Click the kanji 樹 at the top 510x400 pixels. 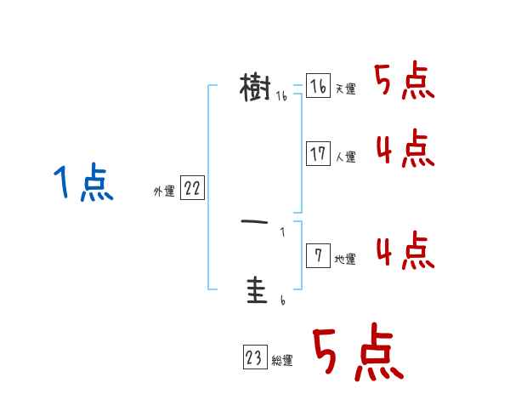pyautogui.click(x=255, y=87)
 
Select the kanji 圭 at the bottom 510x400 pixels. pyautogui.click(x=255, y=291)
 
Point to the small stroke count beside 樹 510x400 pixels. pyautogui.click(x=282, y=97)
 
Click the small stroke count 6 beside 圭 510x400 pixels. pyautogui.click(x=282, y=300)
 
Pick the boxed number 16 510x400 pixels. pyautogui.click(x=318, y=86)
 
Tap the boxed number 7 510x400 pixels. pyautogui.click(x=318, y=255)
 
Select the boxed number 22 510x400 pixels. pyautogui.click(x=192, y=189)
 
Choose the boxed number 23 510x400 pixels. pyautogui.click(x=254, y=357)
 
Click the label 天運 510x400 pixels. pyautogui.click(x=345, y=89)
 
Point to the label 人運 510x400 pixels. pyautogui.click(x=345, y=157)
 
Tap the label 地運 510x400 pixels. pyautogui.click(x=345, y=259)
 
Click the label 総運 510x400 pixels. pyautogui.click(x=282, y=361)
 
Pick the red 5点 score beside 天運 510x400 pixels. pyautogui.click(x=405, y=82)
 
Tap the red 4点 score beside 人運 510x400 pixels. pyautogui.click(x=405, y=150)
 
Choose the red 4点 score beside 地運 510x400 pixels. pyautogui.click(x=405, y=250)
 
